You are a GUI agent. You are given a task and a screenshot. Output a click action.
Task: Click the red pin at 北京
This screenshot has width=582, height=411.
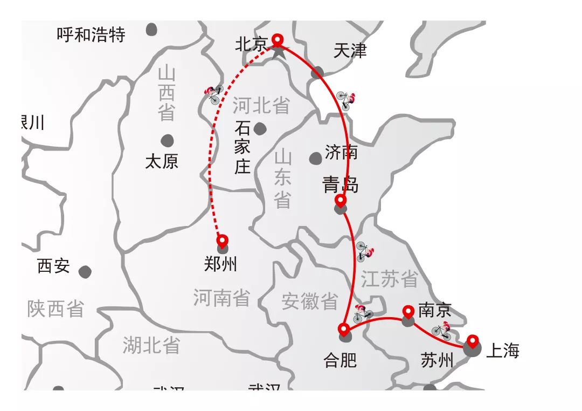click(x=277, y=40)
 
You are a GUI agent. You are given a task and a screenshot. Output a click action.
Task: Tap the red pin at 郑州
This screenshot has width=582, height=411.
click(x=222, y=241)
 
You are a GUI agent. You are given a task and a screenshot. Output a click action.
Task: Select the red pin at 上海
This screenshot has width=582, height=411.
click(x=473, y=341)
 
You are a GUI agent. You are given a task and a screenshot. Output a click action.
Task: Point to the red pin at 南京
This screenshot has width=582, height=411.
click(x=408, y=312)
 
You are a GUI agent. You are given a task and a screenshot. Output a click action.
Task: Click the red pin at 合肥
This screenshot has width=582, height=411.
click(x=343, y=328)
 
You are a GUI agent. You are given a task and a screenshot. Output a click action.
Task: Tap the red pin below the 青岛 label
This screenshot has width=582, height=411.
click(x=340, y=201)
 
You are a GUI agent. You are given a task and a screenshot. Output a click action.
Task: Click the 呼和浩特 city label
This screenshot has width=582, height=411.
click(x=91, y=35)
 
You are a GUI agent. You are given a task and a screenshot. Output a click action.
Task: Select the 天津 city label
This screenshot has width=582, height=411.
click(x=350, y=51)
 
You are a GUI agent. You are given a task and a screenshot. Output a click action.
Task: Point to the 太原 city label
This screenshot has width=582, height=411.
click(x=162, y=161)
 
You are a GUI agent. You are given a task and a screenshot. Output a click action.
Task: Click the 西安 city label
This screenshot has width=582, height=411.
click(x=53, y=266)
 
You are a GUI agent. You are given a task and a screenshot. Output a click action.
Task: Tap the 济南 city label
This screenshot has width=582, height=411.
click(x=341, y=152)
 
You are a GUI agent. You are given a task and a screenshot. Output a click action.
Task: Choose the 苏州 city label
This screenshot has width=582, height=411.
click(x=438, y=360)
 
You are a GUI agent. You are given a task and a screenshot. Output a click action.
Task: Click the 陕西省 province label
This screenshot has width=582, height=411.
click(x=56, y=309)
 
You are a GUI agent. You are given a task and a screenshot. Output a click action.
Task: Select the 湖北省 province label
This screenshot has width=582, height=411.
click(x=151, y=345)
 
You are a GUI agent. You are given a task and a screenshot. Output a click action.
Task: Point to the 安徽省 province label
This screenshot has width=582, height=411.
click(x=310, y=301)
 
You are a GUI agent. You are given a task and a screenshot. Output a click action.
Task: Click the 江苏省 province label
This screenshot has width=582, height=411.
click(x=390, y=279)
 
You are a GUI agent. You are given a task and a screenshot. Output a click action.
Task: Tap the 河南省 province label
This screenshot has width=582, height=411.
click(x=221, y=298)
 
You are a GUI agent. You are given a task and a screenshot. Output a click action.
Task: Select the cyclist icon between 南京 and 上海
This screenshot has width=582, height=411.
click(x=441, y=331)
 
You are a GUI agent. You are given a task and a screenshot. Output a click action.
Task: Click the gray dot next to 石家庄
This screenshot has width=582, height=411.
click(x=260, y=128)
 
